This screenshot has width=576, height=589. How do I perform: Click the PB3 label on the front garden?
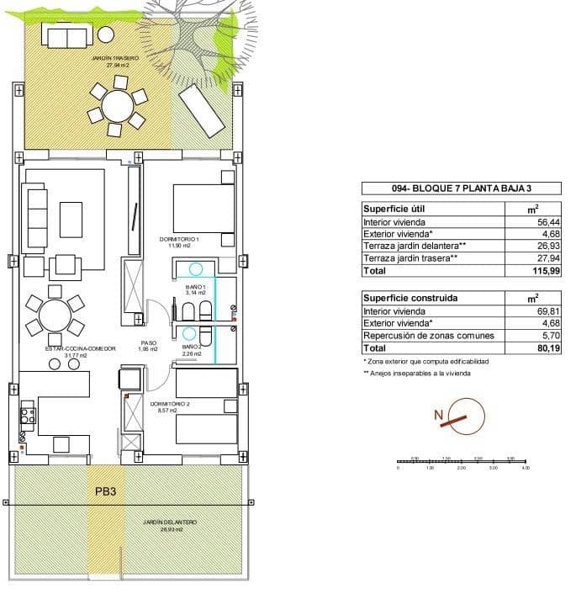click(x=106, y=491)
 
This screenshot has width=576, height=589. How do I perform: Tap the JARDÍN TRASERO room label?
click(x=114, y=61)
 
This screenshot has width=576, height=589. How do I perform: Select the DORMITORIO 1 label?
click(x=178, y=241)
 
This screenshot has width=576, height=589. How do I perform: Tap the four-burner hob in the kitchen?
click(x=27, y=415)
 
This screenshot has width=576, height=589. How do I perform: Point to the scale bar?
click(x=462, y=462)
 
